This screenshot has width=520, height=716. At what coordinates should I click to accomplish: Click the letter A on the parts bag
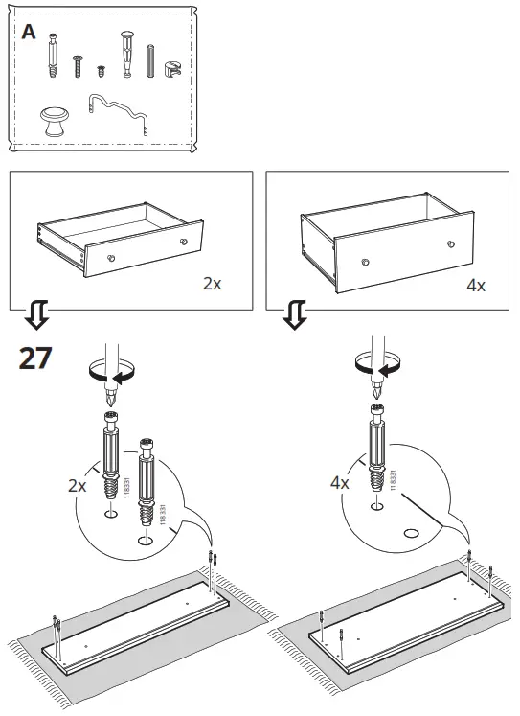[29, 32]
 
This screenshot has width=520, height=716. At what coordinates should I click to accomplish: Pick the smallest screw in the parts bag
[101, 70]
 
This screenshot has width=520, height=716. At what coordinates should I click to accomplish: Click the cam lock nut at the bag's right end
[172, 68]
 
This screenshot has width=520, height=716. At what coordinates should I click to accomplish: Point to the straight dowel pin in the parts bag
[150, 63]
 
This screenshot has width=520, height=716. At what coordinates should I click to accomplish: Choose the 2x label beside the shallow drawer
[213, 285]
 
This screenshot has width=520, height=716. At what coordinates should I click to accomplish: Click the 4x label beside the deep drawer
[475, 286]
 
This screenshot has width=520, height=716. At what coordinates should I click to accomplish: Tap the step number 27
[35, 359]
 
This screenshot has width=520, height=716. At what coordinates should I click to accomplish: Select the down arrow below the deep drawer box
[296, 315]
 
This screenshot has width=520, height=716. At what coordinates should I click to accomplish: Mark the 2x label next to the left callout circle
[78, 486]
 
